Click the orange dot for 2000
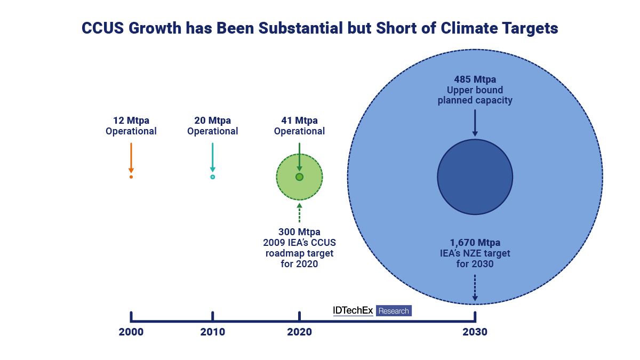pyautogui.click(x=131, y=177)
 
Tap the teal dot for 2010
pyautogui.click(x=212, y=177)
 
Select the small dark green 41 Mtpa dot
pyautogui.click(x=299, y=177)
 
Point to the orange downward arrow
pyautogui.click(x=131, y=157)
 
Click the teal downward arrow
pyautogui.click(x=212, y=157)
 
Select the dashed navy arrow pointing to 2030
pyautogui.click(x=475, y=288)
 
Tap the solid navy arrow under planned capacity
pyautogui.click(x=475, y=123)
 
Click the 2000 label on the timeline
pyautogui.click(x=131, y=332)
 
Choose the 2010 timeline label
pyautogui.click(x=212, y=332)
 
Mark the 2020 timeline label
pyautogui.click(x=299, y=332)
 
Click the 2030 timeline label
pyautogui.click(x=475, y=332)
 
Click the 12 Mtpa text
pyautogui.click(x=131, y=121)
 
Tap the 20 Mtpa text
pyautogui.click(x=212, y=121)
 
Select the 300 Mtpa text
pyautogui.click(x=299, y=232)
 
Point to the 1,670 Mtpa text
pyautogui.click(x=475, y=243)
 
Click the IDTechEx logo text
pyautogui.click(x=353, y=310)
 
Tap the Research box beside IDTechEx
pyautogui.click(x=394, y=311)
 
